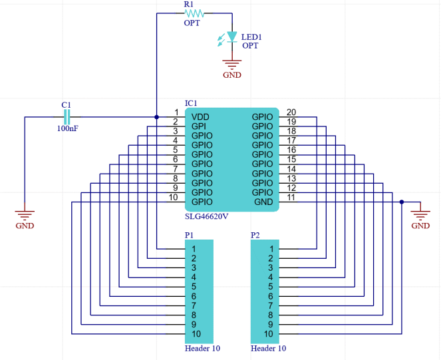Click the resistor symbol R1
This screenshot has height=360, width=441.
pyautogui.click(x=193, y=13)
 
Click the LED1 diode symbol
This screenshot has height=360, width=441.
pyautogui.click(x=231, y=37)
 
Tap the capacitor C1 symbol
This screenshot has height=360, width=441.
pyautogui.click(x=67, y=117)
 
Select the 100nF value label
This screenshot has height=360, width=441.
pyautogui.click(x=67, y=128)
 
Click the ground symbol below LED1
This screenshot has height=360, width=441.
pyautogui.click(x=231, y=65)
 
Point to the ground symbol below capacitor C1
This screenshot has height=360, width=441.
pyautogui.click(x=25, y=215)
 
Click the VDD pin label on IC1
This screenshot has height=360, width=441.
pyautogui.click(x=200, y=116)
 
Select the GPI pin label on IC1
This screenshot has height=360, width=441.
pyautogui.click(x=198, y=126)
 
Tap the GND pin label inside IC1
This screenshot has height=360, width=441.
pyautogui.click(x=263, y=202)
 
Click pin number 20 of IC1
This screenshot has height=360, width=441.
pyautogui.click(x=291, y=112)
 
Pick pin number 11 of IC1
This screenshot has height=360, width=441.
pyautogui.click(x=291, y=197)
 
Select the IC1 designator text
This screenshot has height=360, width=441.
pyautogui.click(x=191, y=103)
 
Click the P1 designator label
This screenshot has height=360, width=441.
pyautogui.click(x=190, y=235)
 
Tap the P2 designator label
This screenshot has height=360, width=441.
pyautogui.click(x=255, y=235)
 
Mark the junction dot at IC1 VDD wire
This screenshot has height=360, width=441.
pyautogui.click(x=156, y=117)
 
